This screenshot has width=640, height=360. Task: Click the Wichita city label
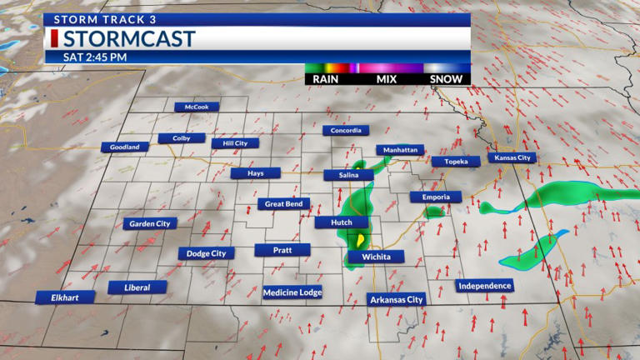click(x=376, y=257)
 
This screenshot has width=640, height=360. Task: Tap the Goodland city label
click(x=125, y=147)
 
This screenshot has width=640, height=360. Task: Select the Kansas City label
click(x=512, y=157)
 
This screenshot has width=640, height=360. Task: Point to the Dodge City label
click(x=206, y=253)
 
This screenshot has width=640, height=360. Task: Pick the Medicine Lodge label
click(x=292, y=292)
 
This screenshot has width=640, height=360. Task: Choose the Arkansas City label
click(x=397, y=299)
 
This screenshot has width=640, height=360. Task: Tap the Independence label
click(x=485, y=286)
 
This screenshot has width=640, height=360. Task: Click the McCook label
click(x=197, y=107)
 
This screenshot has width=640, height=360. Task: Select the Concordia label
click(x=346, y=130)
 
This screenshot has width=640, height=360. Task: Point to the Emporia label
click(x=435, y=197)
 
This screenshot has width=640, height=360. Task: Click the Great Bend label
click(x=283, y=203)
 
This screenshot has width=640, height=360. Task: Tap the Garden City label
click(x=150, y=223)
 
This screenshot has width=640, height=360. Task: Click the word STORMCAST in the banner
click(x=129, y=39)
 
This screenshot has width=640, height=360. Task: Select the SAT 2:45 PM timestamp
click(x=95, y=57)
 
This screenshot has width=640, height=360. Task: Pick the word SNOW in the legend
click(x=446, y=79)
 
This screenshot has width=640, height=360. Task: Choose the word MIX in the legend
click(x=386, y=79)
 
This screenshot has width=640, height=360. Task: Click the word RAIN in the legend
click(x=325, y=79)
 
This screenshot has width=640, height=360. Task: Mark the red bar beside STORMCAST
click(x=54, y=39)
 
